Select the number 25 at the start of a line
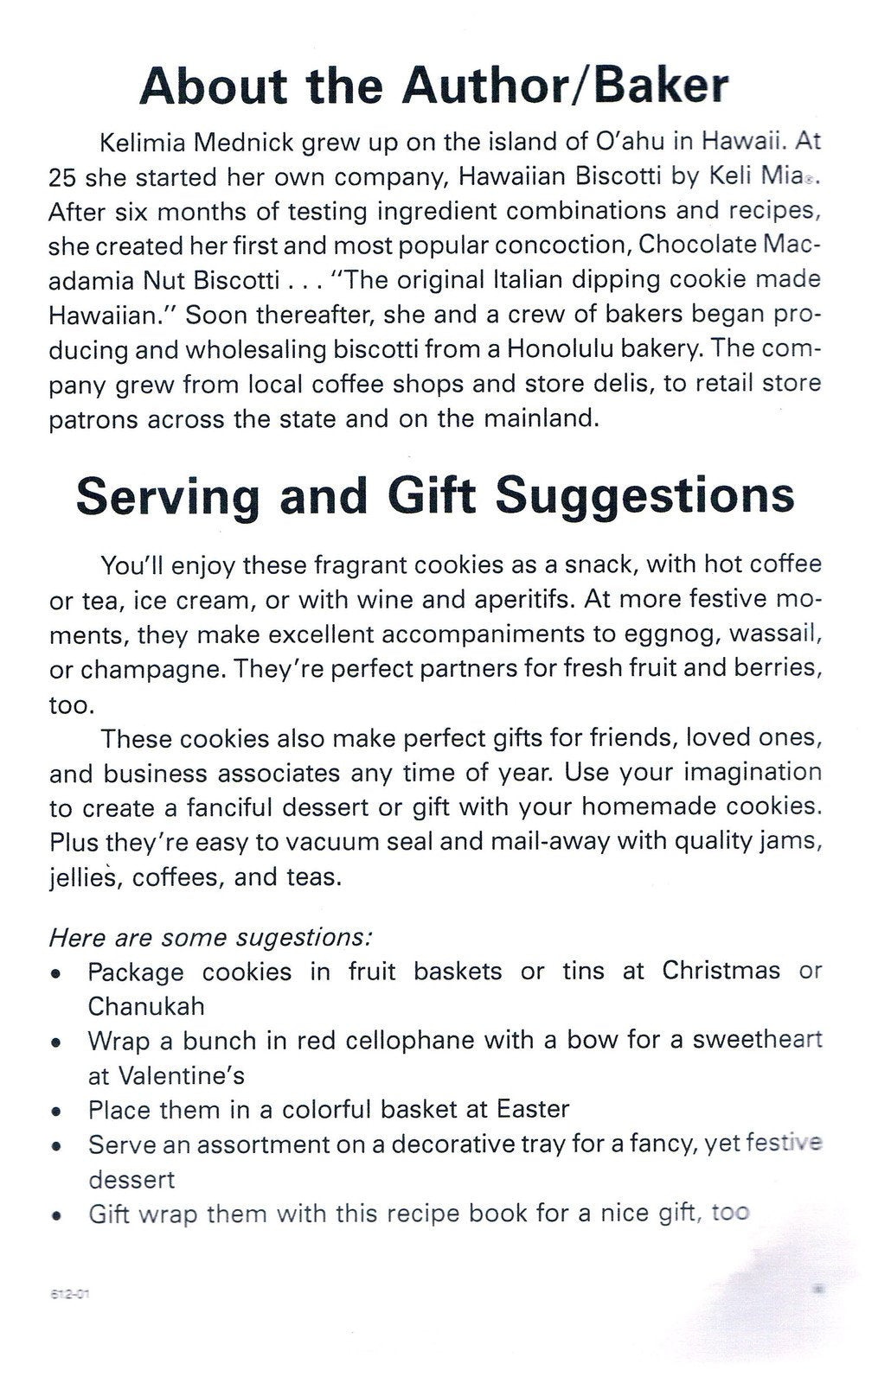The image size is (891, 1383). [x=62, y=176]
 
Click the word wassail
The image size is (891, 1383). [x=776, y=634]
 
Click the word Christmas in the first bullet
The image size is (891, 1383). [x=721, y=971]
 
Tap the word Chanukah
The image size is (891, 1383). [x=145, y=1006]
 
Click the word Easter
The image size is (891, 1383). [x=533, y=1109]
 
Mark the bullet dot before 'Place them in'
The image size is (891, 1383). [x=55, y=1112]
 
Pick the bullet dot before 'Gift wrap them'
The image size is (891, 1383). [x=55, y=1216]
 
